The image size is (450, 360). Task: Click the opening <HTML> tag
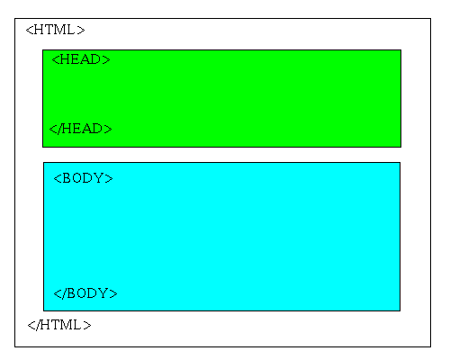click(56, 30)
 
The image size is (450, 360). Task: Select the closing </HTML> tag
click(59, 325)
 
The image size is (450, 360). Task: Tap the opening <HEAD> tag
click(81, 59)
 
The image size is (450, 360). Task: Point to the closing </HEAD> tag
click(80, 129)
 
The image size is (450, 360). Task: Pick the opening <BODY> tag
click(83, 178)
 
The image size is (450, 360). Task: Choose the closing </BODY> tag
click(85, 293)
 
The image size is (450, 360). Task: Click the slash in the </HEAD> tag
click(60, 129)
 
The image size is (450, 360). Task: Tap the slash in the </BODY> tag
click(64, 293)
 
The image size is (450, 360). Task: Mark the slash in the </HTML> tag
click(39, 325)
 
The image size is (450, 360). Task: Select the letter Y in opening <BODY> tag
click(98, 178)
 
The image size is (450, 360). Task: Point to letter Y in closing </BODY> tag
click(103, 293)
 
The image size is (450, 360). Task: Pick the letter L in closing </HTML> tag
click(76, 325)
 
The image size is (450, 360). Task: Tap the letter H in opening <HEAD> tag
click(65, 59)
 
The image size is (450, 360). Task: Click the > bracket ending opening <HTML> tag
click(81, 30)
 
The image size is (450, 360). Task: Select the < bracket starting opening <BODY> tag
click(58, 178)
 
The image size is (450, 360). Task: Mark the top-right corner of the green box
click(401, 49)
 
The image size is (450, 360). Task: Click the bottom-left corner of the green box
click(42, 147)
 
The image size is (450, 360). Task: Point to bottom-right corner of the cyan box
click(400, 310)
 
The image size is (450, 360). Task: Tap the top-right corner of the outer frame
click(431, 18)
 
